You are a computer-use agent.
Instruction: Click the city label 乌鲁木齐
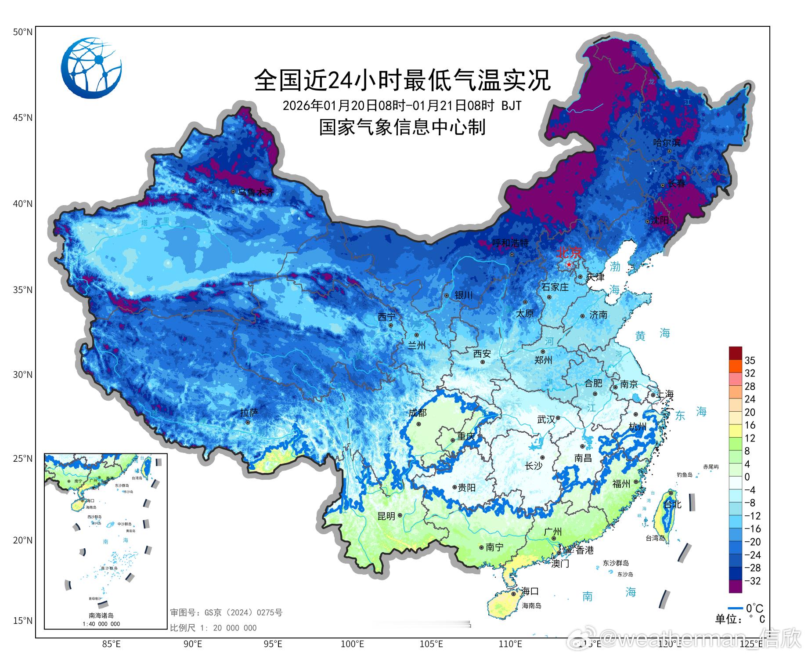(256, 192)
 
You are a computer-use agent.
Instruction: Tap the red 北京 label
(569, 253)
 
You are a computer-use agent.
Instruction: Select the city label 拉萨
(249, 413)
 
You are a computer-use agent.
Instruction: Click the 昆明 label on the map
(386, 516)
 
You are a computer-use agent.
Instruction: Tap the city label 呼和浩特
(510, 243)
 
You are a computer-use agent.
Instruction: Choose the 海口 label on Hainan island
(530, 591)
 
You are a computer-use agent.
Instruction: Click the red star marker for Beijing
(569, 264)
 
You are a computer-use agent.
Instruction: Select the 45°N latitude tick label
(22, 118)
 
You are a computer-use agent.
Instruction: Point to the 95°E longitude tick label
(273, 644)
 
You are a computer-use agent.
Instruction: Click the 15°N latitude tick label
(22, 621)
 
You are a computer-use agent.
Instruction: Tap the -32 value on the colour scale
(752, 581)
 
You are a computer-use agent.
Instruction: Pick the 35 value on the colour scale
(750, 360)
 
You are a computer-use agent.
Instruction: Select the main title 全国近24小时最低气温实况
(402, 80)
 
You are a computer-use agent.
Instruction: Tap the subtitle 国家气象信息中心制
(402, 127)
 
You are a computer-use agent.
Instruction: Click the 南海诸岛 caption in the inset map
(101, 616)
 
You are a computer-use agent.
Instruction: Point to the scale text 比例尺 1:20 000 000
(213, 628)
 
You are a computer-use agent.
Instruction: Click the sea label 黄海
(652, 335)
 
